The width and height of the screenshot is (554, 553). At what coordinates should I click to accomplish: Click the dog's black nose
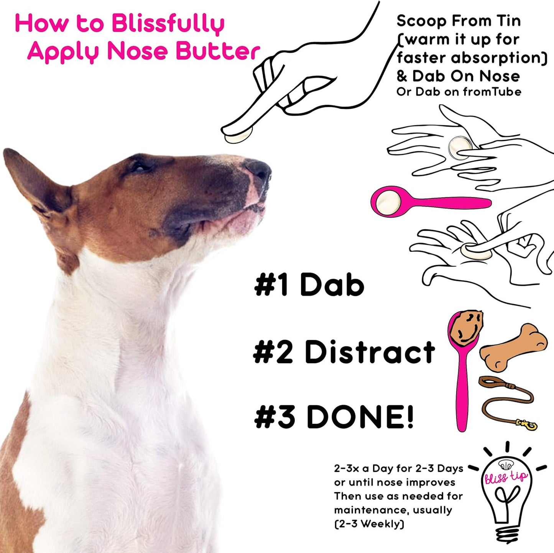pyautogui.click(x=259, y=169)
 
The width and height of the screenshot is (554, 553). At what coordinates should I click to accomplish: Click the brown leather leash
pyautogui.click(x=506, y=399)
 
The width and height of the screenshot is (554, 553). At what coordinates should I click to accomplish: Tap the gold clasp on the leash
pyautogui.click(x=528, y=424)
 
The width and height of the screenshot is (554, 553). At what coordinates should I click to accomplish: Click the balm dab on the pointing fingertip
pyautogui.click(x=238, y=135)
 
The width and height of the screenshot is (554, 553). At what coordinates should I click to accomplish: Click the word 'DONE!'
pyautogui.click(x=360, y=417)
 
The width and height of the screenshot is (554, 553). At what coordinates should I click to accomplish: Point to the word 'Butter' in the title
pyautogui.click(x=218, y=51)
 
